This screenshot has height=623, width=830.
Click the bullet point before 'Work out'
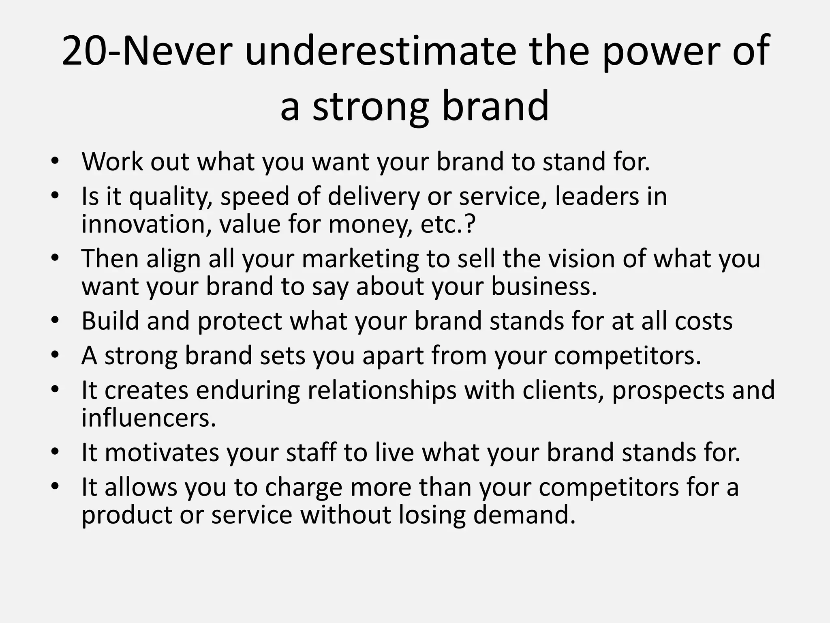click(x=55, y=161)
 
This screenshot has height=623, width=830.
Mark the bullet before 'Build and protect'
click(x=55, y=320)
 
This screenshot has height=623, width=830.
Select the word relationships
click(x=382, y=390)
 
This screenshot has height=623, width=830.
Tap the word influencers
click(x=149, y=418)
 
